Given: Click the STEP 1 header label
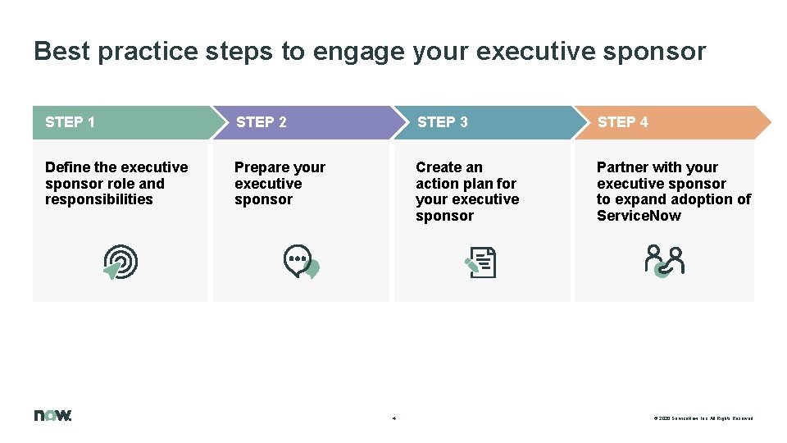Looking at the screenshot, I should click(70, 122).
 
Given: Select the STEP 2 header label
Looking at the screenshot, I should click(261, 122).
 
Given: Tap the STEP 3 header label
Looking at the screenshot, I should click(442, 122).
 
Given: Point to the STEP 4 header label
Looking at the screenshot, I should click(622, 122).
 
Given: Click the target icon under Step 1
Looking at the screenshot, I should click(121, 263).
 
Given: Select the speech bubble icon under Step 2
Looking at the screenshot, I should click(301, 262).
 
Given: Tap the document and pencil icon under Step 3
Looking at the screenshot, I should click(481, 263).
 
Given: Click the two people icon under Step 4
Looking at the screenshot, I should click(663, 261).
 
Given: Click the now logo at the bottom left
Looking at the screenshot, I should click(52, 415).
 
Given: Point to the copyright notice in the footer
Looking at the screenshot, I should click(703, 418).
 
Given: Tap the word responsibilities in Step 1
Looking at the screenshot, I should click(98, 199).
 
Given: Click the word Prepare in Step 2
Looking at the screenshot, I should click(260, 167).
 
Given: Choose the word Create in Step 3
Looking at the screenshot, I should click(439, 167).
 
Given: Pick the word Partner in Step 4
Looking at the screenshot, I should click(622, 167).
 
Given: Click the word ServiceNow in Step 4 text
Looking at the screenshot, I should click(639, 216).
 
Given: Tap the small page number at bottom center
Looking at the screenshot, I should click(394, 418).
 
